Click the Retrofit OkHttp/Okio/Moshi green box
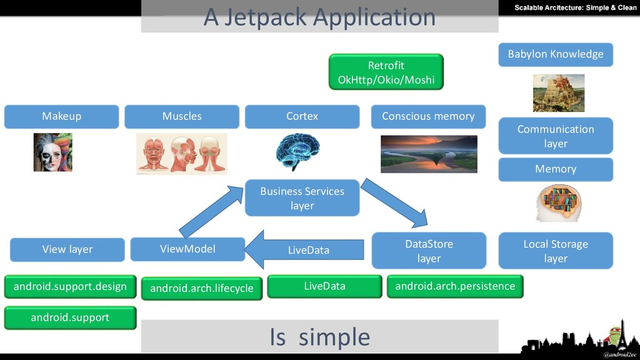tap(386, 72)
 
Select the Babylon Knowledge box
tap(556, 54)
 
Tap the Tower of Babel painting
tap(558, 93)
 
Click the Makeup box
tap(62, 116)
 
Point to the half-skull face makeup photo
tap(52, 152)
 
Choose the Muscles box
tap(182, 116)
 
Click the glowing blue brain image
tap(297, 151)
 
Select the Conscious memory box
tap(428, 116)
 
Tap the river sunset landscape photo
tap(429, 154)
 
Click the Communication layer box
tap(556, 136)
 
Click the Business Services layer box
tap(302, 198)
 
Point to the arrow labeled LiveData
tap(304, 250)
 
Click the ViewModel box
tap(187, 249)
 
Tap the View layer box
tap(67, 249)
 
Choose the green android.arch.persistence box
tap(455, 286)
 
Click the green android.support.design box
tap(70, 286)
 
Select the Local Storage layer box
tap(556, 251)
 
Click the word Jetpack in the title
tap(265, 17)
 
